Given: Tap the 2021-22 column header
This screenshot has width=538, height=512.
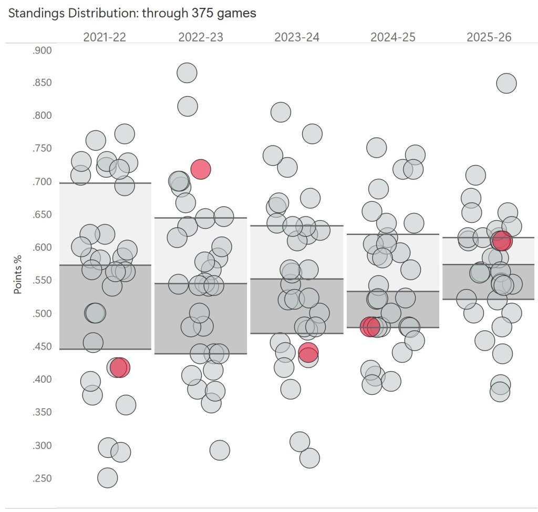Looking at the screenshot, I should pyautogui.click(x=105, y=37).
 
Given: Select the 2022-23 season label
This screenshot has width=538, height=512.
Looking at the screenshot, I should pyautogui.click(x=201, y=37).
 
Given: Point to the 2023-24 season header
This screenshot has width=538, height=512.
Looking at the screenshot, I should pyautogui.click(x=297, y=37).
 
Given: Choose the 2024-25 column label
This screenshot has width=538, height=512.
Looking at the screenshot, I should pyautogui.click(x=393, y=37).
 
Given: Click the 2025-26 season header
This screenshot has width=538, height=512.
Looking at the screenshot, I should pyautogui.click(x=489, y=37).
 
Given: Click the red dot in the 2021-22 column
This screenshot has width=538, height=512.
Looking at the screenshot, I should pyautogui.click(x=120, y=367).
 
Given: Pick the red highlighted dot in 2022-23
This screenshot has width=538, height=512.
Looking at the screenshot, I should pyautogui.click(x=201, y=169).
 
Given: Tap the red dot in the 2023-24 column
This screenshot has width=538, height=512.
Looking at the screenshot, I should pyautogui.click(x=308, y=352).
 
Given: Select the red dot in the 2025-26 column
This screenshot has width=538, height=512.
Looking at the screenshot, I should pyautogui.click(x=502, y=241).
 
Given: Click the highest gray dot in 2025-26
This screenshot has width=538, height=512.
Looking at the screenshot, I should pyautogui.click(x=506, y=83).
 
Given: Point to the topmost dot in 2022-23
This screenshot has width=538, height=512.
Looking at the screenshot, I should pyautogui.click(x=187, y=73).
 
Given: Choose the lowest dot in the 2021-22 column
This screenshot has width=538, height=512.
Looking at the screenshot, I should pyautogui.click(x=107, y=478).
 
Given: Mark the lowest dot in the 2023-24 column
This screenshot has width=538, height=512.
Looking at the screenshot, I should pyautogui.click(x=309, y=458).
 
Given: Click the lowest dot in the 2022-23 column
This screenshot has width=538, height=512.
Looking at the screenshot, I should pyautogui.click(x=220, y=450).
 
